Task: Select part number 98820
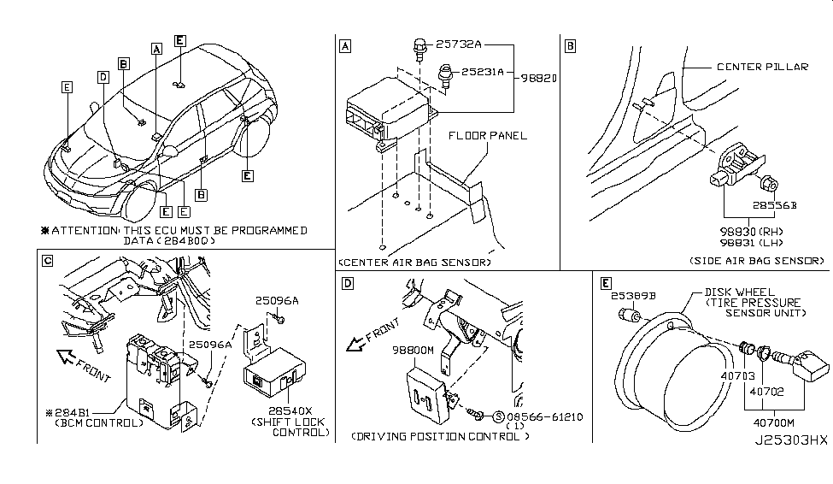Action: click(540, 78)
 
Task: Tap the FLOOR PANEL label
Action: click(488, 135)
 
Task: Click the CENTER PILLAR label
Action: click(762, 67)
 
